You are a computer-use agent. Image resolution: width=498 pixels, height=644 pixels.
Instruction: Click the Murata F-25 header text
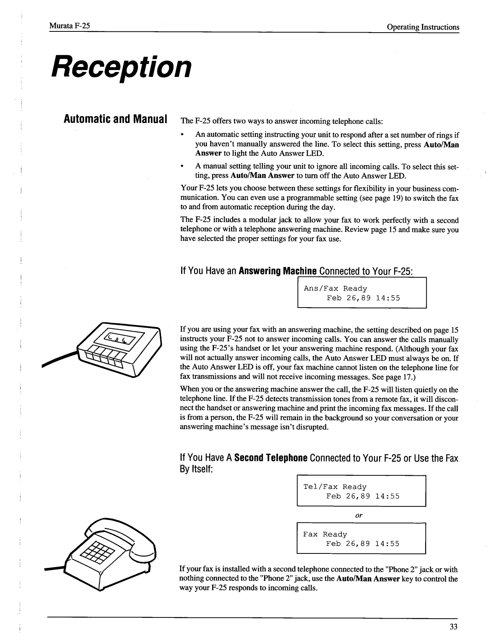pyautogui.click(x=69, y=27)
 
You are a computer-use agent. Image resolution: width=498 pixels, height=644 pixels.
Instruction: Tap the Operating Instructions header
pyautogui.click(x=423, y=27)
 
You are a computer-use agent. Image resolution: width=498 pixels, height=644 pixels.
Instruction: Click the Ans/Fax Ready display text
pyautogui.click(x=335, y=289)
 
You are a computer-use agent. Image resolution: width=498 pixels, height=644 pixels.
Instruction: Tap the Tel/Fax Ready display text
pyautogui.click(x=335, y=487)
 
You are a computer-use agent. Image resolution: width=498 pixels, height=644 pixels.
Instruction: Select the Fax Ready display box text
pyautogui.click(x=325, y=535)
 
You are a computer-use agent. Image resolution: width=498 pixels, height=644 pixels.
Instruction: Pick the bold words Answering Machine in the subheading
pyautogui.click(x=278, y=271)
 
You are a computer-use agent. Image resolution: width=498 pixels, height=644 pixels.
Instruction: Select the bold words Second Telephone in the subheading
pyautogui.click(x=271, y=458)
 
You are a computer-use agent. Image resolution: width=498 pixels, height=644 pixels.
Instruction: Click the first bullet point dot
pyautogui.click(x=183, y=135)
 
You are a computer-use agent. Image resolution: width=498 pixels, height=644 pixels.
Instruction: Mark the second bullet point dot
pyautogui.click(x=183, y=166)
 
